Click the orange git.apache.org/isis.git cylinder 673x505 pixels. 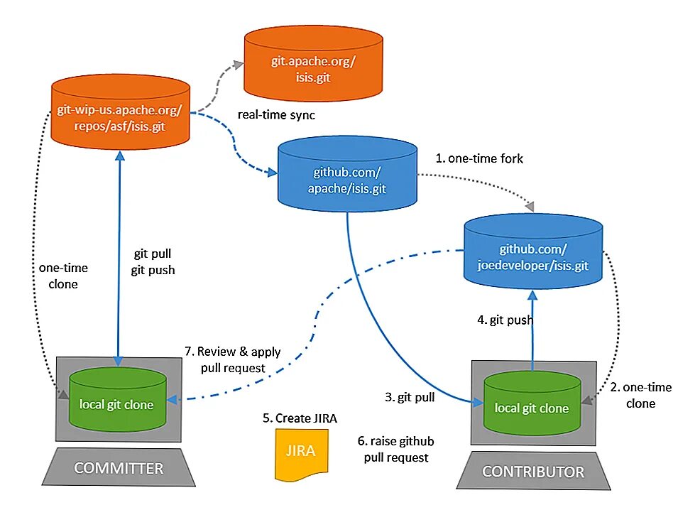(313, 63)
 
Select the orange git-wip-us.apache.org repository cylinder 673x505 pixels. (120, 112)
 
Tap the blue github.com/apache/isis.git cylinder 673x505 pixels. (347, 174)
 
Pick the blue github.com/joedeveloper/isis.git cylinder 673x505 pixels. (533, 251)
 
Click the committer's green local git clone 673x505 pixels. (118, 399)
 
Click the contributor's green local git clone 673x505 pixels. (532, 403)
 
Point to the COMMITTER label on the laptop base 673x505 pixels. (119, 468)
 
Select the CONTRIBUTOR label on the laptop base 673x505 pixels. (533, 472)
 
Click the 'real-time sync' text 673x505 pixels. (276, 115)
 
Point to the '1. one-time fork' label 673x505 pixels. (479, 159)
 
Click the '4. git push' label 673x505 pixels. (505, 320)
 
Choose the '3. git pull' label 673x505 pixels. (410, 397)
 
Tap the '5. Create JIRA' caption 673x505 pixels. (300, 418)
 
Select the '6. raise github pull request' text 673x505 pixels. (395, 449)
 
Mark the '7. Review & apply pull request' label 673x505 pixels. (233, 359)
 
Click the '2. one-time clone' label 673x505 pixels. (640, 395)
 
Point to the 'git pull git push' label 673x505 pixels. (153, 262)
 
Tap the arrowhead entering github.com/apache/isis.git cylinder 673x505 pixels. (273, 173)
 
